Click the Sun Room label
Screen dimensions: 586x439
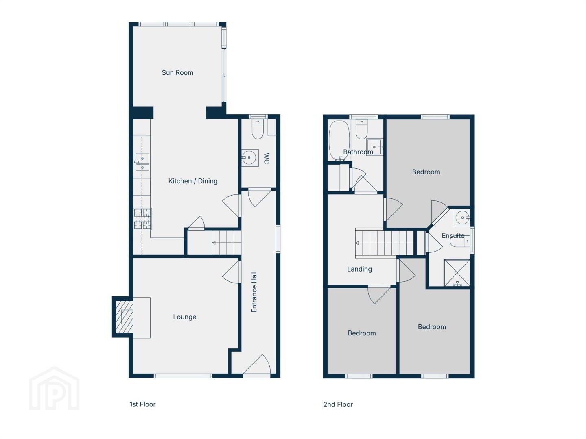click(177, 72)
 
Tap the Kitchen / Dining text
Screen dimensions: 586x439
click(193, 181)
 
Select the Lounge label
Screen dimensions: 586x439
click(184, 317)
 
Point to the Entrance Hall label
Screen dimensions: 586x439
click(254, 292)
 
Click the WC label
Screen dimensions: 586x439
click(267, 159)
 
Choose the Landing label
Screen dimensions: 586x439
click(359, 269)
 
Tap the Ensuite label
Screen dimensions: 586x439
click(453, 236)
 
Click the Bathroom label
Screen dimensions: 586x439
click(358, 152)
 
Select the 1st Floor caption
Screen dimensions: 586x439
click(142, 404)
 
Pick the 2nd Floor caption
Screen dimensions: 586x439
click(338, 404)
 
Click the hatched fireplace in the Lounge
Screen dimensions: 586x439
click(125, 317)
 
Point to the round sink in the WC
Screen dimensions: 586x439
click(249, 158)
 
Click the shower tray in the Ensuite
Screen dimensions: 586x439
click(457, 273)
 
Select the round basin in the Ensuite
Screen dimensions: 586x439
click(462, 218)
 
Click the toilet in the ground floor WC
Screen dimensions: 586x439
click(258, 129)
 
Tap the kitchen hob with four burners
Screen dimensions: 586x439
click(143, 219)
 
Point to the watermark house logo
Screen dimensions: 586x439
click(55, 388)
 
